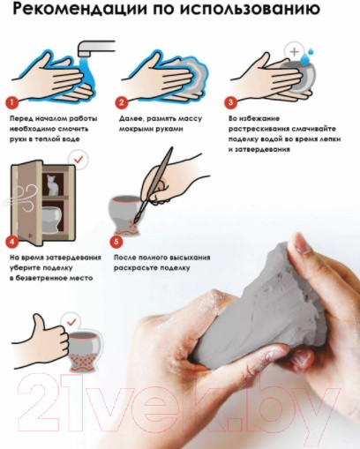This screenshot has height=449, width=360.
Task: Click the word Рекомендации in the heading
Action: click(79, 10)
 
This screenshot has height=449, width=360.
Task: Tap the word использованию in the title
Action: click(250, 10)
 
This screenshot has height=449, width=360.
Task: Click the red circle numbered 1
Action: click(11, 102)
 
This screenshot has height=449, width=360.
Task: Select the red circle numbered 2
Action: click(121, 102)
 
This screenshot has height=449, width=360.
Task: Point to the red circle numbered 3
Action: click(230, 102)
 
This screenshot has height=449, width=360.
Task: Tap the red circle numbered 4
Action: click(11, 242)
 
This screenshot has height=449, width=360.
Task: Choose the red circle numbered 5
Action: click(116, 242)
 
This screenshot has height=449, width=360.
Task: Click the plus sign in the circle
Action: click(294, 52)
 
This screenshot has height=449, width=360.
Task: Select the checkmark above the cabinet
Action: click(79, 160)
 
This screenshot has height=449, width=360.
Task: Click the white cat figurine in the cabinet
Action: click(53, 185)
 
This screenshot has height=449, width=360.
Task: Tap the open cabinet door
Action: click(27, 203)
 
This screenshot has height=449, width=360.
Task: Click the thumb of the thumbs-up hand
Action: click(39, 321)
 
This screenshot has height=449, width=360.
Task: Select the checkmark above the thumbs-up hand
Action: click(71, 322)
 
